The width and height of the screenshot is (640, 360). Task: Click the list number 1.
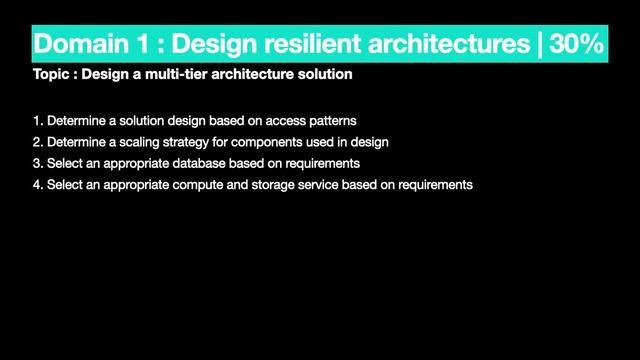37,121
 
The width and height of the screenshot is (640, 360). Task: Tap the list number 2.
37,142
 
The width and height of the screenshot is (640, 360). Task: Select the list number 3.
37,163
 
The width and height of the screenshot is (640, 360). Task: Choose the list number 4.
37,185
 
